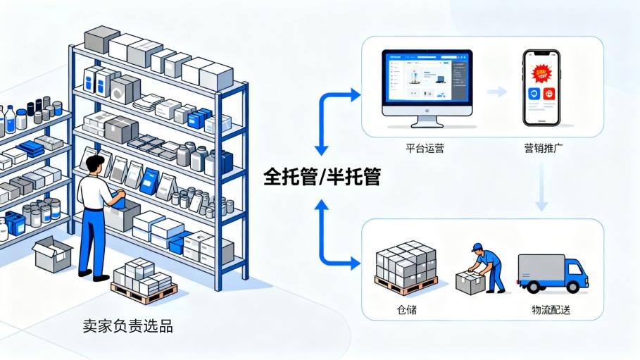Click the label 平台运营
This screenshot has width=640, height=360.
[425, 149]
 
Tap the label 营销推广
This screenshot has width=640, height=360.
[542, 149]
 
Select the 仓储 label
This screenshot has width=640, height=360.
[406, 309]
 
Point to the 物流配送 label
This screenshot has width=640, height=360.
[551, 309]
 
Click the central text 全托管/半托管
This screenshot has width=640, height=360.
[322, 176]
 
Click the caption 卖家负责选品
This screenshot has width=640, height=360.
[127, 326]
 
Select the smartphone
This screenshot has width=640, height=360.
[541, 87]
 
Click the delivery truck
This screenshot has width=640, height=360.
[552, 273]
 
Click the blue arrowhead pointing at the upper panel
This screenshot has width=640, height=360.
[356, 96]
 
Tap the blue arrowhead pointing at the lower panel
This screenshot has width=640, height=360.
[356, 263]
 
